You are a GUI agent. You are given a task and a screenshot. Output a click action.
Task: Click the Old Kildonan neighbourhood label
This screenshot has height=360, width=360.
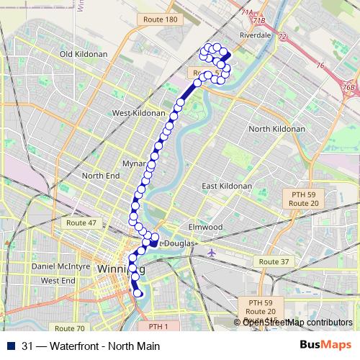[x=87, y=54]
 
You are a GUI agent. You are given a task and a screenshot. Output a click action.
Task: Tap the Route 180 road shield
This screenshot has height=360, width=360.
[x=160, y=19]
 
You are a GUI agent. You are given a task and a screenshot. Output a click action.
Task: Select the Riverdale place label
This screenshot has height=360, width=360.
[x=257, y=33]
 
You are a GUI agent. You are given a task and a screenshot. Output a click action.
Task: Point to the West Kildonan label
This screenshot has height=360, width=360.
[x=140, y=114]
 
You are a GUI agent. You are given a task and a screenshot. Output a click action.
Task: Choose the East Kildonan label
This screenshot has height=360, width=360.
[x=227, y=186]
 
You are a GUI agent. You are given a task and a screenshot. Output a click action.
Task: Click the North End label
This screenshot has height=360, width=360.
[x=100, y=176]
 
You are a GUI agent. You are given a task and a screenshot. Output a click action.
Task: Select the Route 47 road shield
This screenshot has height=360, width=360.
[x=81, y=223]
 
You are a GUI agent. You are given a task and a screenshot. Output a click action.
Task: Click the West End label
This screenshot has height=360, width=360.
[x=58, y=280]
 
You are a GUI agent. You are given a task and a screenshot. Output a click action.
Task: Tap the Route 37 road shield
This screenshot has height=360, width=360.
[x=274, y=261]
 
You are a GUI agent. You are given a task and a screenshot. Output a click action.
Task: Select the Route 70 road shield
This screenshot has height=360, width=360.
[x=69, y=328]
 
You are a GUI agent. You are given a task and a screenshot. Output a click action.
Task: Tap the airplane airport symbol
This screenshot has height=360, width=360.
[x=211, y=253]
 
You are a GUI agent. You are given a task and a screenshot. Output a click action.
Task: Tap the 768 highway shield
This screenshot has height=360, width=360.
[x=349, y=87]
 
